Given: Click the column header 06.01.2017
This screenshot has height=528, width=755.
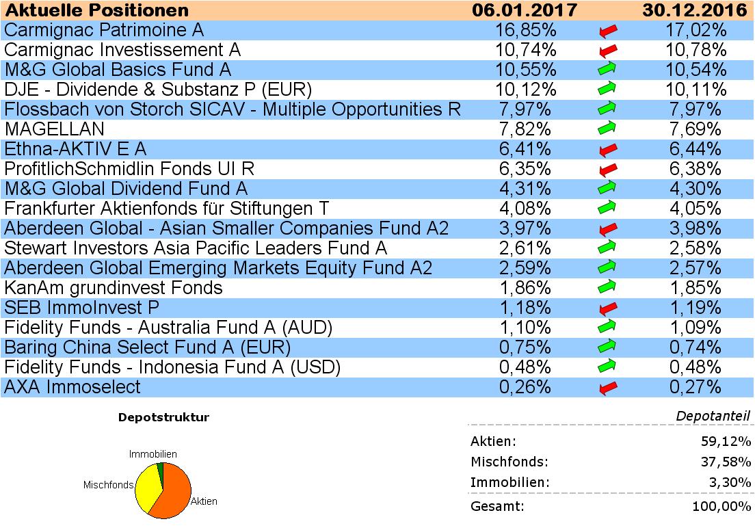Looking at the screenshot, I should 525,10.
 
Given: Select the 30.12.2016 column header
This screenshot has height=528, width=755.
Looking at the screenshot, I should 693,10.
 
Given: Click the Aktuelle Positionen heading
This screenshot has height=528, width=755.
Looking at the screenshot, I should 96,10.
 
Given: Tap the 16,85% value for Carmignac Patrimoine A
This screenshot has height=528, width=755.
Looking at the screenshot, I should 525,30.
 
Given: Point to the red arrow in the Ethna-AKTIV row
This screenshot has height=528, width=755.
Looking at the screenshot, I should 608,149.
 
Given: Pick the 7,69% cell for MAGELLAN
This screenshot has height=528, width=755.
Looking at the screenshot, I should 693,129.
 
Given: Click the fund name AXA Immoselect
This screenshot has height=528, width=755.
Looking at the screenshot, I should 72,387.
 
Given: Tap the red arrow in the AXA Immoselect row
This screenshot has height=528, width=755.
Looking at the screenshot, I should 608,388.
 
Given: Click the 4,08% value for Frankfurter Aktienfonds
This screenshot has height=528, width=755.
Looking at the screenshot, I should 525,209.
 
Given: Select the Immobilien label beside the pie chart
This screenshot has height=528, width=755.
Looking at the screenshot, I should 153,453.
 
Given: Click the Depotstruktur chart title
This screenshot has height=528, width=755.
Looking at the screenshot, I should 163,417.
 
